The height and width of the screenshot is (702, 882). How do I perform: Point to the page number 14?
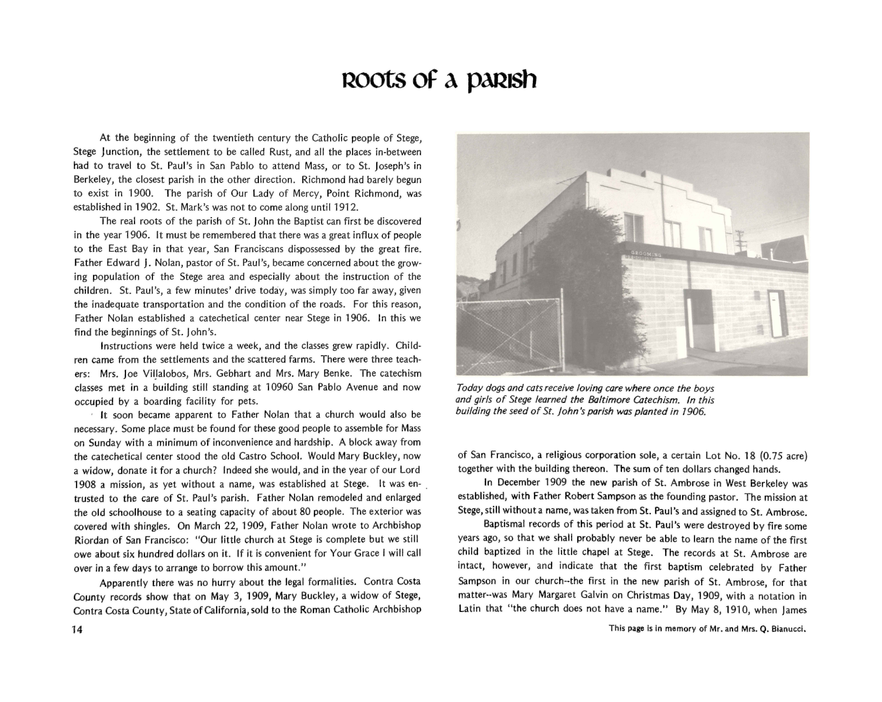tap(77, 630)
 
